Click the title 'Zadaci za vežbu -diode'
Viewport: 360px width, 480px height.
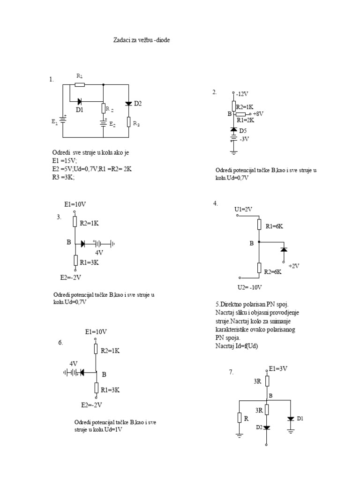(142, 40)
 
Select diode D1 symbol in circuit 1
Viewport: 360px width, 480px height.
(79, 101)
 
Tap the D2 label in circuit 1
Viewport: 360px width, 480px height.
(137, 103)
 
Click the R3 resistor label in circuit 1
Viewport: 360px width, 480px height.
(135, 124)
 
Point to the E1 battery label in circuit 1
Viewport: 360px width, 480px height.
(54, 121)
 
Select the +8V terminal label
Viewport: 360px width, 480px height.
(258, 113)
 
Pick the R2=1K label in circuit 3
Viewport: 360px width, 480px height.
(89, 223)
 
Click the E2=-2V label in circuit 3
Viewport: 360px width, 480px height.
(71, 277)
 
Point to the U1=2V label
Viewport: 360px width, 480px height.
(243, 209)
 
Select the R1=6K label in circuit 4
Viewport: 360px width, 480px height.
(275, 226)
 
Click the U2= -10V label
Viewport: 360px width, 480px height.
(250, 287)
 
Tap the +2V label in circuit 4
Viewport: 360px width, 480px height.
(294, 265)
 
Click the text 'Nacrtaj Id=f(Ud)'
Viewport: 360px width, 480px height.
(237, 345)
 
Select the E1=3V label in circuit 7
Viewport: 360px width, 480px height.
(278, 369)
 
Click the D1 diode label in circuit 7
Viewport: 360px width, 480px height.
(300, 418)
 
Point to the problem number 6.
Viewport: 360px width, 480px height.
(60, 343)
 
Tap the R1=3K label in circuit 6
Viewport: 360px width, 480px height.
(111, 390)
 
